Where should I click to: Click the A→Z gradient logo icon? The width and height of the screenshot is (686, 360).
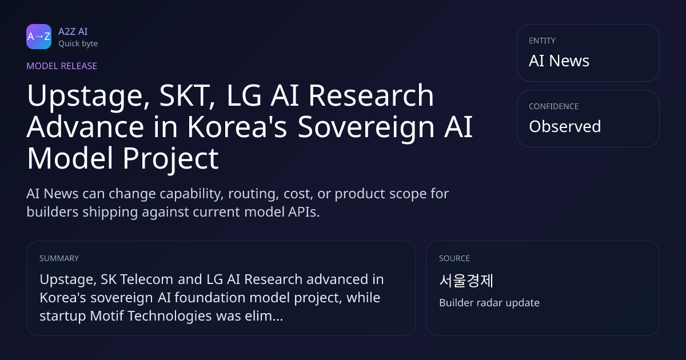pyautogui.click(x=39, y=37)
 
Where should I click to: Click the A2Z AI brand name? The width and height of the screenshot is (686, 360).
pyautogui.click(x=73, y=31)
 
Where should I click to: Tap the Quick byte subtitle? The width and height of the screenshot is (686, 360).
pyautogui.click(x=78, y=44)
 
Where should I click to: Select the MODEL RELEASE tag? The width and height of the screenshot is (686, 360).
pyautogui.click(x=62, y=66)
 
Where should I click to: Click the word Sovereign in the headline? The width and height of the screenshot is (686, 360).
pyautogui.click(x=366, y=127)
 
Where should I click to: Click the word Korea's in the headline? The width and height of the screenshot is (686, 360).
pyautogui.click(x=237, y=126)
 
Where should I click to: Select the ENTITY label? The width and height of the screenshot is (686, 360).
pyautogui.click(x=542, y=41)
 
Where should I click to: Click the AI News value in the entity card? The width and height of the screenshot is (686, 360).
pyautogui.click(x=559, y=61)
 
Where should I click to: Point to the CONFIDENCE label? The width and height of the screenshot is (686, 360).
pyautogui.click(x=554, y=106)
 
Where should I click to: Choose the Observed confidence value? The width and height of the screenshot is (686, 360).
pyautogui.click(x=565, y=126)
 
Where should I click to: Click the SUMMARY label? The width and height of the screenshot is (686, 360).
pyautogui.click(x=59, y=258)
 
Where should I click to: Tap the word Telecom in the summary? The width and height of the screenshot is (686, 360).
pyautogui.click(x=147, y=279)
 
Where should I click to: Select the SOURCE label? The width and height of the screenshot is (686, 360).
pyautogui.click(x=454, y=258)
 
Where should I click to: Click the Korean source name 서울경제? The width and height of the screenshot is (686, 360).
pyautogui.click(x=466, y=281)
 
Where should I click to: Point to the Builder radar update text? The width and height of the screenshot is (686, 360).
pyautogui.click(x=489, y=303)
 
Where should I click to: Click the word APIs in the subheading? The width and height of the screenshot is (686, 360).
pyautogui.click(x=304, y=212)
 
